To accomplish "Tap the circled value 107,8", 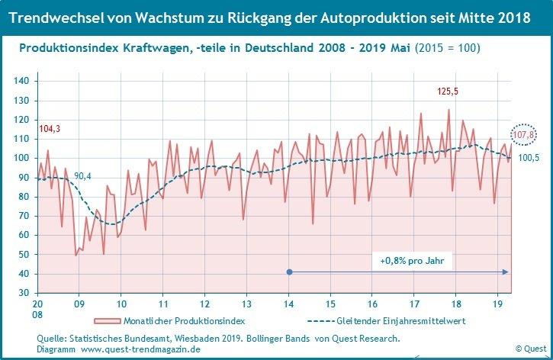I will click(x=523, y=136).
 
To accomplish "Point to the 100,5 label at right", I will click(x=529, y=158).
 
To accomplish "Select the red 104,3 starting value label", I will click(x=48, y=130).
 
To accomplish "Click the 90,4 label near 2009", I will click(x=83, y=176).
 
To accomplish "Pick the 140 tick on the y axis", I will click(x=22, y=81).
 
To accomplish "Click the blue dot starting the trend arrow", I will click(x=288, y=272).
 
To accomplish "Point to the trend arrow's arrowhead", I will click(x=506, y=272).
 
